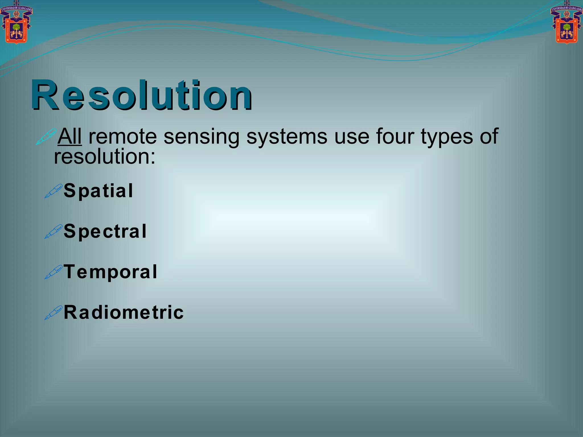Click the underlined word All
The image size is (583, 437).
(70, 137)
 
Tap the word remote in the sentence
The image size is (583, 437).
(123, 137)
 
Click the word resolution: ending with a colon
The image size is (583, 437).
(105, 157)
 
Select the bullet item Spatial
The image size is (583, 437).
(98, 191)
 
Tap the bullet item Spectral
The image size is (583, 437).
(105, 232)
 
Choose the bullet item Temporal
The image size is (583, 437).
(110, 272)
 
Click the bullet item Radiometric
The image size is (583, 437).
(124, 312)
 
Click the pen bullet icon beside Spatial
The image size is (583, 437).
(53, 191)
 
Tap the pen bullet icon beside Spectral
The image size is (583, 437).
(53, 231)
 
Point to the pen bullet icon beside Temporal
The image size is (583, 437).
(53, 272)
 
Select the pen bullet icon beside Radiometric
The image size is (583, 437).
(53, 313)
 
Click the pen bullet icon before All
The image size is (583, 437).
(46, 137)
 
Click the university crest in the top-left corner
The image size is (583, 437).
(16, 23)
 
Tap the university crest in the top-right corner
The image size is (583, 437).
(566, 23)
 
